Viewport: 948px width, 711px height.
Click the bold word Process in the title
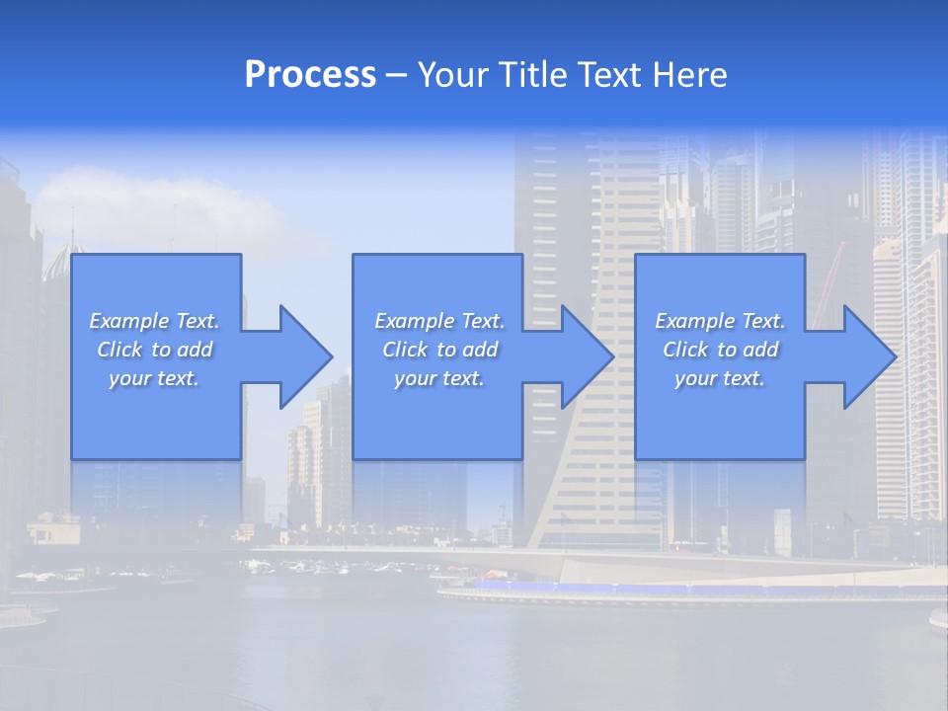pyautogui.click(x=310, y=75)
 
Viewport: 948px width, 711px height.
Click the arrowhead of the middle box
pyautogui.click(x=587, y=356)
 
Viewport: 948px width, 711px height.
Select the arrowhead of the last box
pyautogui.click(x=869, y=356)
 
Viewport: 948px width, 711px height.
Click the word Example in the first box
pyautogui.click(x=129, y=321)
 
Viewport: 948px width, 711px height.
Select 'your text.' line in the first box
pyautogui.click(x=154, y=378)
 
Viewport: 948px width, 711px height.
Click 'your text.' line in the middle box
pyautogui.click(x=438, y=378)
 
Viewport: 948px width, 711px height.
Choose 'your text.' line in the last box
pyautogui.click(x=720, y=378)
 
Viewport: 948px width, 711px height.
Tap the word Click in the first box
pyautogui.click(x=120, y=350)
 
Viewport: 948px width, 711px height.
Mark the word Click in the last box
pyautogui.click(x=686, y=350)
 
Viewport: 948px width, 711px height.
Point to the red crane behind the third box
pyautogui.click(x=827, y=272)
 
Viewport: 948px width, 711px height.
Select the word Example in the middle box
pyautogui.click(x=415, y=321)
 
